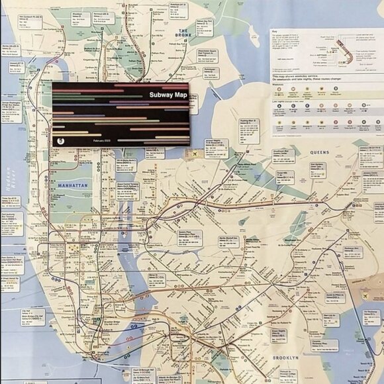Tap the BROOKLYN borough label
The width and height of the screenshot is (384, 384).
(285, 358)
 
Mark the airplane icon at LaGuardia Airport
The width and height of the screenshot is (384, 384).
(197, 154)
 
